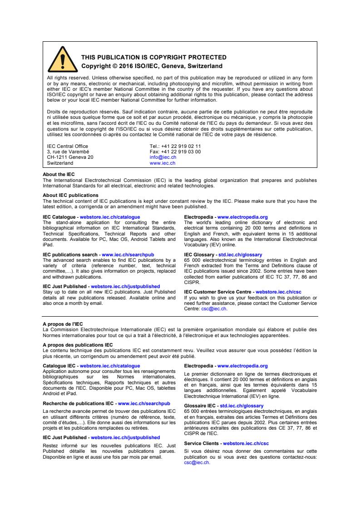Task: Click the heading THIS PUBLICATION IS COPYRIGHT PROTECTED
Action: coord(153,57)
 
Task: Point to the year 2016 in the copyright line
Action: coord(122,66)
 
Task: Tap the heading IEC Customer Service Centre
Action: coord(218,292)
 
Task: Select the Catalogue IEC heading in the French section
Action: coord(60,365)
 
